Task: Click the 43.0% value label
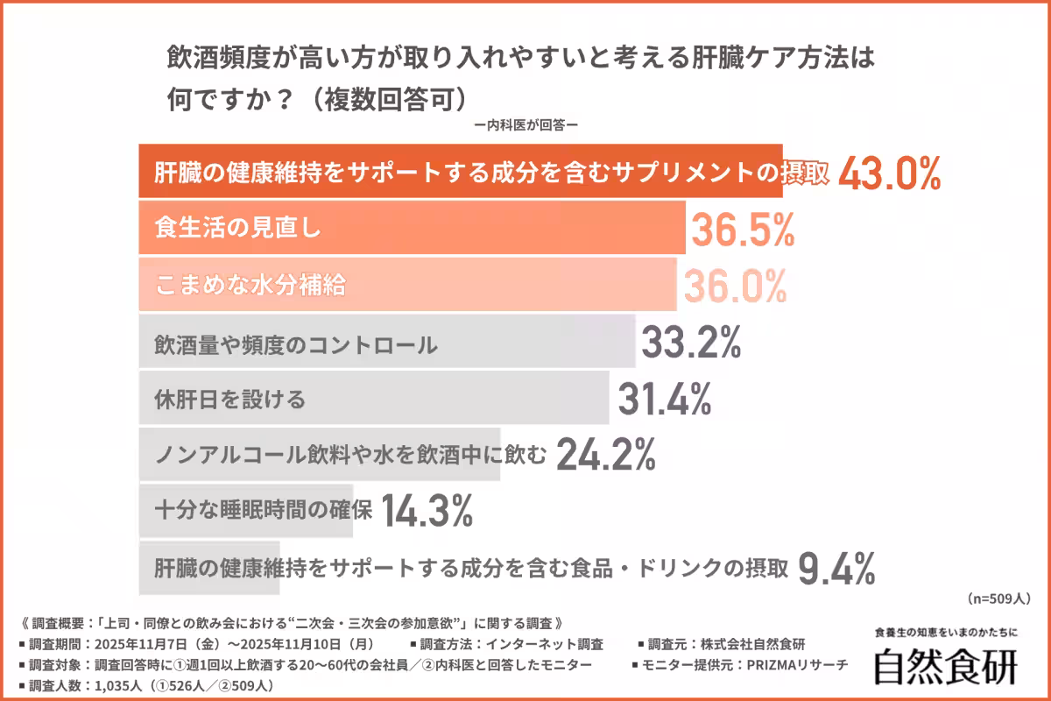pyautogui.click(x=889, y=174)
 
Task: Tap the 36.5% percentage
pyautogui.click(x=743, y=230)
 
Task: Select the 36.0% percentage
pyautogui.click(x=734, y=286)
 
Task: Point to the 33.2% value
pyautogui.click(x=691, y=343)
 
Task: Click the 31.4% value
pyautogui.click(x=664, y=400)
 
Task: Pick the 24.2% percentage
pyautogui.click(x=606, y=454)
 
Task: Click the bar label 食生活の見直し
pyautogui.click(x=238, y=230)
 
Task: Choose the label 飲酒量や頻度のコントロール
pyautogui.click(x=295, y=344)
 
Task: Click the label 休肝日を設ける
pyautogui.click(x=230, y=400)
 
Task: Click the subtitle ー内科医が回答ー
pyautogui.click(x=525, y=124)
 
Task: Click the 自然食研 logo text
pyautogui.click(x=946, y=666)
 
